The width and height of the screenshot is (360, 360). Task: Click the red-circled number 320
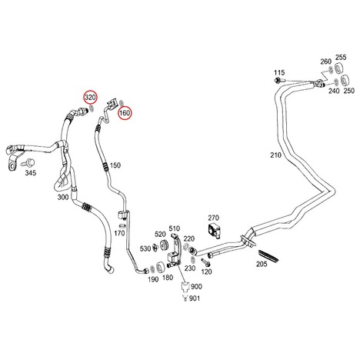[x=90, y=98]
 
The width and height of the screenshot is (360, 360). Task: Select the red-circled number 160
[x=125, y=113]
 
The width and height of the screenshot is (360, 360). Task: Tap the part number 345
[x=31, y=173]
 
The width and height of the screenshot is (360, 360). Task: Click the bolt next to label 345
[x=28, y=162]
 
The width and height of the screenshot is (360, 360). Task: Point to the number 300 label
[x=63, y=197]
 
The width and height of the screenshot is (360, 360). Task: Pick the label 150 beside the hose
[x=115, y=165]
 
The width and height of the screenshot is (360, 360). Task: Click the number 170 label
[x=119, y=233]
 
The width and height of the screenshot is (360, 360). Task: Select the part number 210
[x=275, y=155]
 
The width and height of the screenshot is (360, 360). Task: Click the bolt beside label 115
[x=279, y=80]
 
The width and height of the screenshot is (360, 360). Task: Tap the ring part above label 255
[x=339, y=68]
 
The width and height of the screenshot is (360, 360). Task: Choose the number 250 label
[x=349, y=91]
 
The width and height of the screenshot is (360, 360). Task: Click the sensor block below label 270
[x=213, y=229]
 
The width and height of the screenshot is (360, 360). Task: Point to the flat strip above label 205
[x=268, y=256]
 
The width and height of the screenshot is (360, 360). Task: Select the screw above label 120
[x=205, y=262]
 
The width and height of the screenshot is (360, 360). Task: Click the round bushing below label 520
[x=163, y=245]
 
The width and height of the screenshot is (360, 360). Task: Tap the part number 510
[x=175, y=228]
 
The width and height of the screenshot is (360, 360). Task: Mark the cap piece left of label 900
[x=185, y=287]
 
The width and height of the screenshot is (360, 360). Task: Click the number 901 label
[x=195, y=298]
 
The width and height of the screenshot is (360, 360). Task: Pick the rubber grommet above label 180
[x=161, y=268]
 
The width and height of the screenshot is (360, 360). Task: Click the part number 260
[x=325, y=62]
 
